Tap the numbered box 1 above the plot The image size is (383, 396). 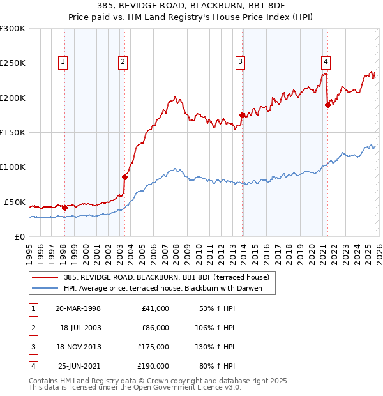pos(63,62)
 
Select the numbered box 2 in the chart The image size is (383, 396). pos(122,62)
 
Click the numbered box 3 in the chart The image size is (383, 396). pos(240,62)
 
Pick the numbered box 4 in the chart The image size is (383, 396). pos(326,62)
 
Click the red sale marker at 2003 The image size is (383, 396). pos(124,177)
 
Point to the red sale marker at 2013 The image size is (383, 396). pos(241,116)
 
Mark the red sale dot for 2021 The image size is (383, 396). pos(327,105)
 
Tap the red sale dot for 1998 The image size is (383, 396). pos(64,208)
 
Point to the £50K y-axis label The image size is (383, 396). pos(14,202)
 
